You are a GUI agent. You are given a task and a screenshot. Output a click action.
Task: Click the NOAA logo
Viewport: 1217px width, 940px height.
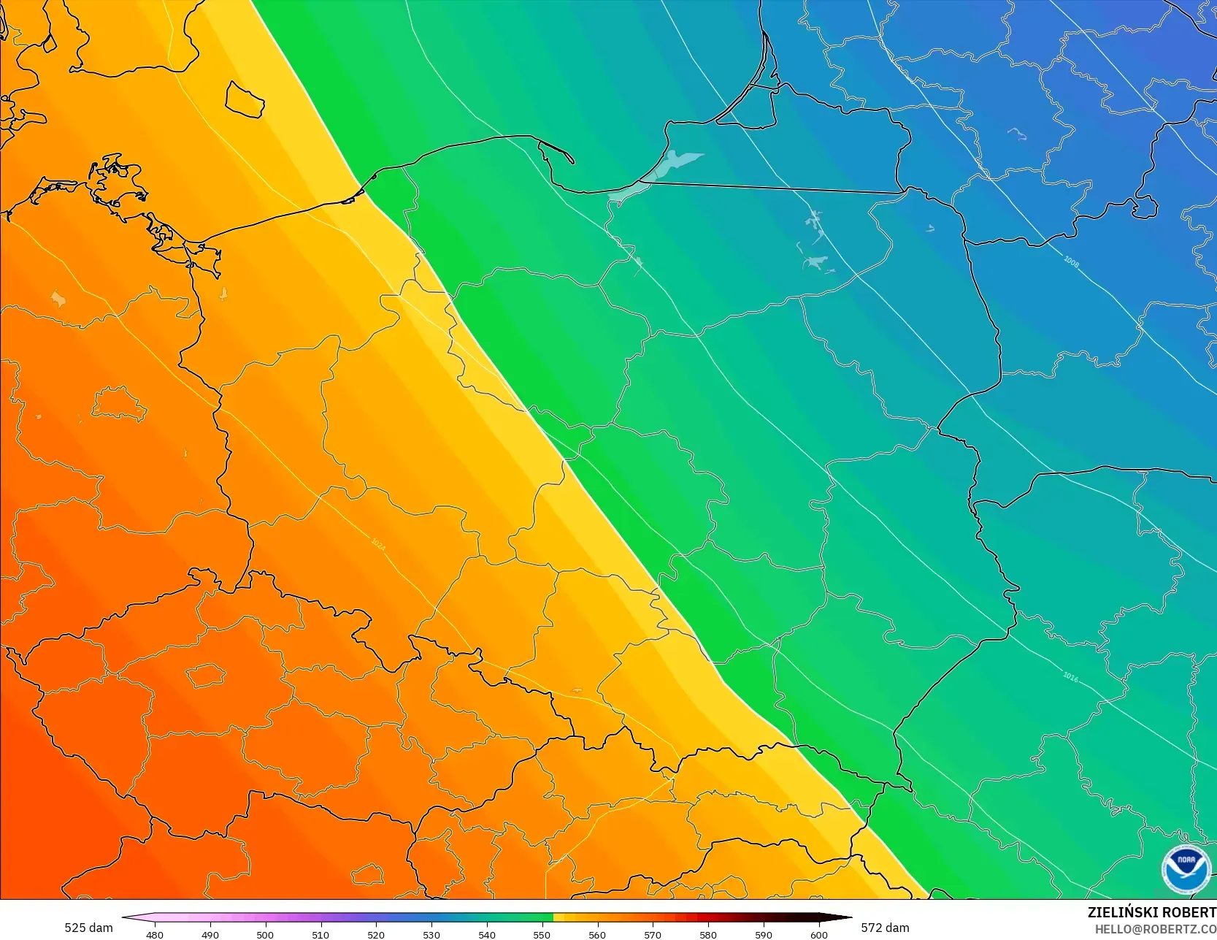[1186, 869]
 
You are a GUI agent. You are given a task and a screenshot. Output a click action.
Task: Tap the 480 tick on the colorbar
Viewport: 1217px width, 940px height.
[155, 934]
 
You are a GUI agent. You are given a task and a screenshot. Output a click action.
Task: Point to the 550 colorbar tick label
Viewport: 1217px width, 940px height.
[542, 934]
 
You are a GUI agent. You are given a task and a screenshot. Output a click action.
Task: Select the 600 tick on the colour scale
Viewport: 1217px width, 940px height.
[818, 934]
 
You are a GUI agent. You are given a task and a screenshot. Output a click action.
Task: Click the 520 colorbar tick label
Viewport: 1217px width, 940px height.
[376, 934]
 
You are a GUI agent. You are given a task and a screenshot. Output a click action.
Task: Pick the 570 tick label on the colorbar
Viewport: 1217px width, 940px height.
[653, 934]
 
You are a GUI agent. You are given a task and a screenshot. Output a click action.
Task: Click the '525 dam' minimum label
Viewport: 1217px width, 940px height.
[88, 928]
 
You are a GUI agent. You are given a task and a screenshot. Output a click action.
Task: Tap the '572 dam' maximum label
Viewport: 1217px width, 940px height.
[885, 928]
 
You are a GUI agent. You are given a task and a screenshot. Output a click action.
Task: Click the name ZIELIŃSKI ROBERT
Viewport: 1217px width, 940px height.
[1151, 912]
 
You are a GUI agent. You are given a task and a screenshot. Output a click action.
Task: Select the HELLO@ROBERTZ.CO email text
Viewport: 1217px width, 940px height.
[1155, 928]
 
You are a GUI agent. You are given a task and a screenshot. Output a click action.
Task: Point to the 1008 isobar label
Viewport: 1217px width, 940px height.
[1071, 261]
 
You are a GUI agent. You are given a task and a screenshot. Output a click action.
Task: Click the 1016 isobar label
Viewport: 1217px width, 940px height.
[1070, 677]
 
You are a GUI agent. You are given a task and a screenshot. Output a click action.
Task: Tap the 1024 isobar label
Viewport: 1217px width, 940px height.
[378, 543]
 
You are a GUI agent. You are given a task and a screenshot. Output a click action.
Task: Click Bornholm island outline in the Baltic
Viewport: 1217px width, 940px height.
[245, 99]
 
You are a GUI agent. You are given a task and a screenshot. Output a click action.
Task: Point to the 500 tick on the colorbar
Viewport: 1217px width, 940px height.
[266, 934]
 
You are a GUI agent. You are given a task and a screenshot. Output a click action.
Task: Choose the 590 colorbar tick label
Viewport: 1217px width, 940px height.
[764, 934]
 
